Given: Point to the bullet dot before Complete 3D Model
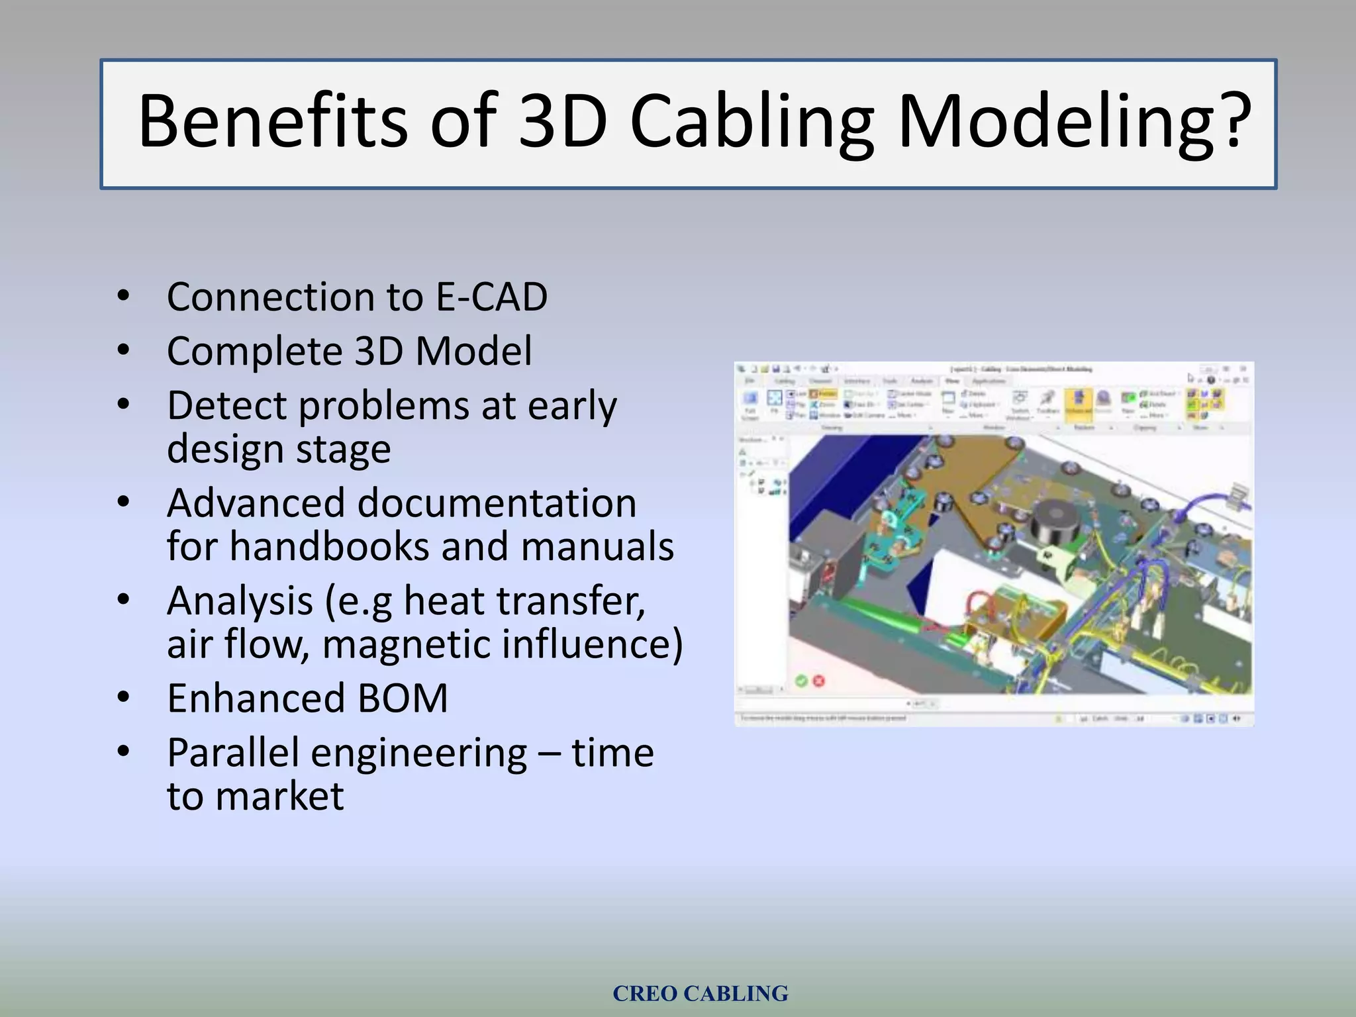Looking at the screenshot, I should [x=123, y=350].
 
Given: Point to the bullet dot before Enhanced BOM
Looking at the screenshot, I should [x=123, y=698].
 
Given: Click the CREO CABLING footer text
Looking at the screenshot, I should [x=700, y=993].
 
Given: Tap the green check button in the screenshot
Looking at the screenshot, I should [x=801, y=681].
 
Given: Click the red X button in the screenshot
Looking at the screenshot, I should [x=819, y=681].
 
